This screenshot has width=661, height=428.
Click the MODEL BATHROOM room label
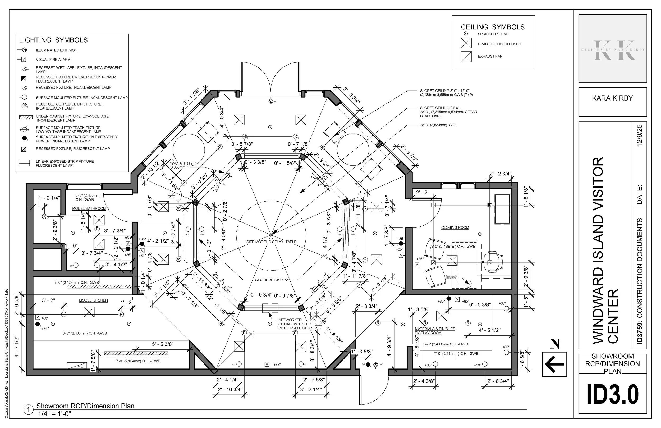click(89, 208)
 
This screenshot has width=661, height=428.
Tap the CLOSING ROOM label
click(455, 227)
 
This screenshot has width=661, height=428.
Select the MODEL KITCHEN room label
click(93, 300)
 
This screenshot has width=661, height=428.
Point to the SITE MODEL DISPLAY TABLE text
click(271, 242)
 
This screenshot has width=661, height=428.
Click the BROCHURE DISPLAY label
click(271, 280)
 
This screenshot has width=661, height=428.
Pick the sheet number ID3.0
click(612, 394)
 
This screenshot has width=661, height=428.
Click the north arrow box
click(554, 364)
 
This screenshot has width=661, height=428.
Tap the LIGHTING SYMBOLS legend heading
click(53, 40)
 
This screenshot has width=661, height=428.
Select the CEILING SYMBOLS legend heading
click(493, 27)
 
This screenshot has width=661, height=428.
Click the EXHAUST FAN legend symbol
click(466, 57)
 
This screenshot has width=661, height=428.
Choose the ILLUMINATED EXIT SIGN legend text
click(57, 50)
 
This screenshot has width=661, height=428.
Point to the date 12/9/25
click(640, 135)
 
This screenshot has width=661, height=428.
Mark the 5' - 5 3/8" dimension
click(163, 344)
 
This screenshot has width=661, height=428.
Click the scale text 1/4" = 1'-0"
click(54, 413)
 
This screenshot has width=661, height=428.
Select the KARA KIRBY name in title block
click(612, 98)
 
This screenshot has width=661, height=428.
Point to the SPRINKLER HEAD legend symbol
click(466, 34)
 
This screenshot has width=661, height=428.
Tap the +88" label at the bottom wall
click(277, 364)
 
